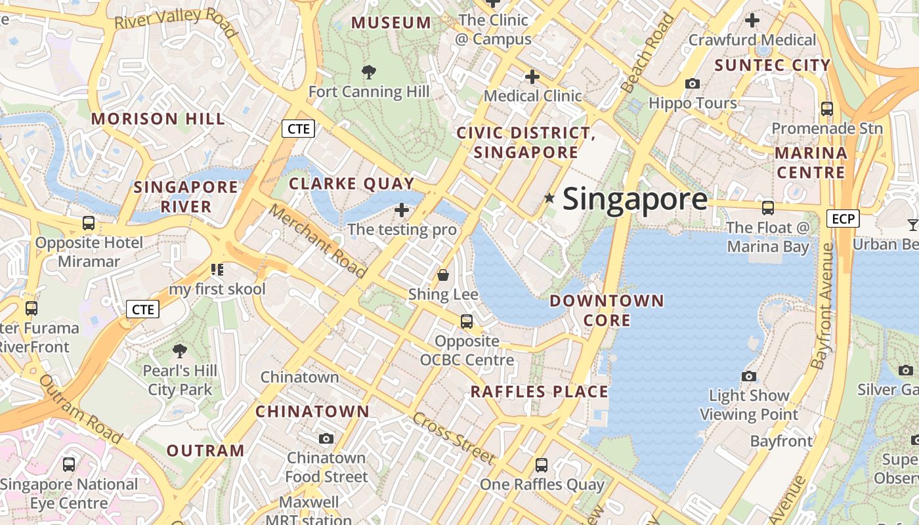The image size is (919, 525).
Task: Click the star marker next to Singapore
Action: (549, 198)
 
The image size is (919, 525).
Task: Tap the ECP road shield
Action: (843, 219)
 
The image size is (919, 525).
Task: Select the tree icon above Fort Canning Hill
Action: (369, 72)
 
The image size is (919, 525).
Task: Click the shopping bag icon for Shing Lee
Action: (443, 274)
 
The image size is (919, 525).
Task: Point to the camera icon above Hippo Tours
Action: (692, 83)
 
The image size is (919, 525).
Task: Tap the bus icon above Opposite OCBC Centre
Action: (467, 322)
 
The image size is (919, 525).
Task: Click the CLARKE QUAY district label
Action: (351, 184)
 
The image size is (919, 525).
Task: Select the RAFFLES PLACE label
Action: (539, 392)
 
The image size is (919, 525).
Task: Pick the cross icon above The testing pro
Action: (402, 210)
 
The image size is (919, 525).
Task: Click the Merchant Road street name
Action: (318, 241)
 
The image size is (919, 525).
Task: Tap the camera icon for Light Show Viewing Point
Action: (748, 376)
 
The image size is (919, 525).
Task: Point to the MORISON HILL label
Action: (158, 119)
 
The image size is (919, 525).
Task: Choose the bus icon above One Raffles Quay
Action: (542, 465)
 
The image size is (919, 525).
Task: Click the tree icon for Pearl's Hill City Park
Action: (179, 351)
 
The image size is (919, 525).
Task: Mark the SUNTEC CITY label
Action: (772, 65)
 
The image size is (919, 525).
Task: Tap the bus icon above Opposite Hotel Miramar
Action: (89, 223)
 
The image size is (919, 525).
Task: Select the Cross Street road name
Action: (454, 438)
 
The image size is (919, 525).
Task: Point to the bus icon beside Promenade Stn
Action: (827, 109)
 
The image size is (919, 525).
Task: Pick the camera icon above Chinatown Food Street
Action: (326, 438)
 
